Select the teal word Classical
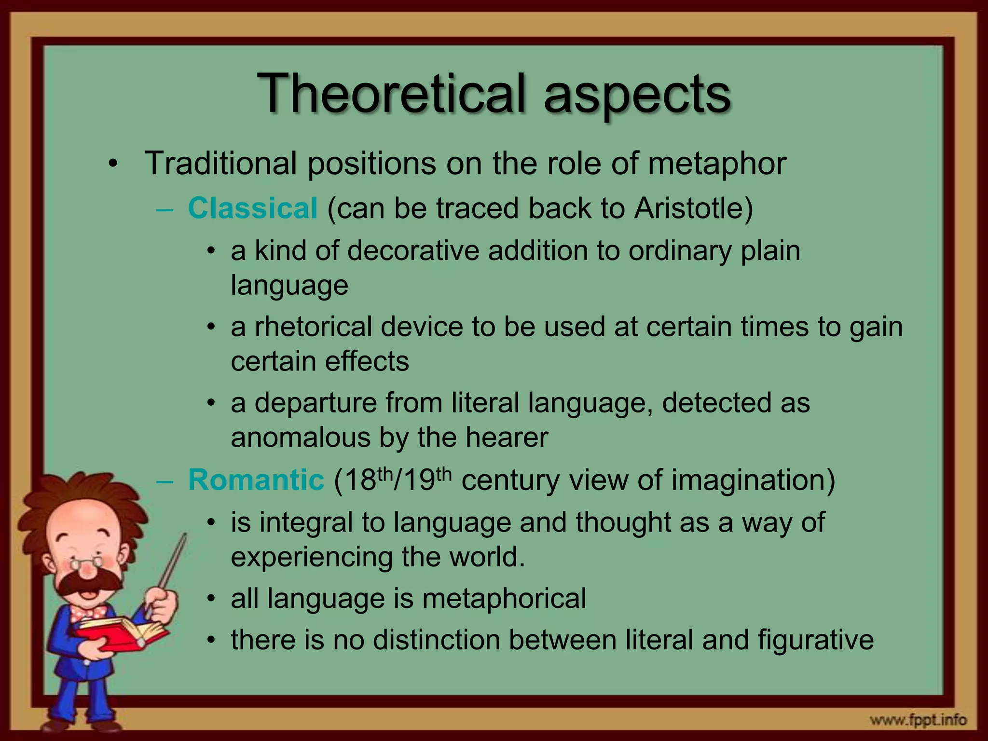click(252, 208)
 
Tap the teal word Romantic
click(256, 480)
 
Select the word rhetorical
click(313, 327)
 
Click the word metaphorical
click(504, 598)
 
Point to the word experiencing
click(312, 557)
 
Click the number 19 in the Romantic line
click(419, 481)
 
